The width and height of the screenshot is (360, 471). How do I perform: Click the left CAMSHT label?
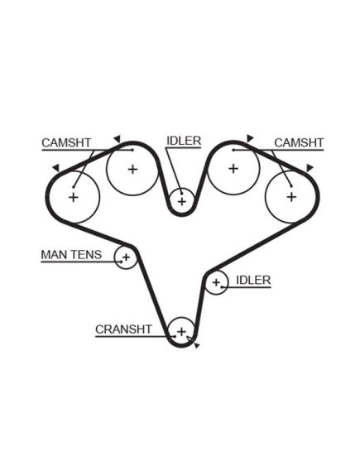[x=66, y=142]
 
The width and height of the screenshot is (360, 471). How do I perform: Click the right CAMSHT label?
[x=299, y=142]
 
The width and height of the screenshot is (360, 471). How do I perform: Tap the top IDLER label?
[x=184, y=141]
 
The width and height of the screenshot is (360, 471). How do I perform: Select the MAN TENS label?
[x=71, y=255]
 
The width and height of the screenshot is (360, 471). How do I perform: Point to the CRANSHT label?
[x=123, y=329]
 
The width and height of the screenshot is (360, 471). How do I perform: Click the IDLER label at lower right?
[x=253, y=280]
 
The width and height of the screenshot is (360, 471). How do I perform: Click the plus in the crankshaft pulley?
[x=181, y=332]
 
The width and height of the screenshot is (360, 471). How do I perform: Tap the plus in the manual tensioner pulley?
[x=126, y=257]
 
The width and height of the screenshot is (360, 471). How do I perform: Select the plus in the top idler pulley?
[x=181, y=201]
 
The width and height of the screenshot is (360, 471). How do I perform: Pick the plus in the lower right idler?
[x=216, y=282]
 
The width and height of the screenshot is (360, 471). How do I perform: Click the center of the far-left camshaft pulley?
[x=74, y=197]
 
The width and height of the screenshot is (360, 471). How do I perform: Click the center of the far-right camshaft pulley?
[x=291, y=197]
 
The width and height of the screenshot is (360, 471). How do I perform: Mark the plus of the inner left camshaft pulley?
[x=132, y=170]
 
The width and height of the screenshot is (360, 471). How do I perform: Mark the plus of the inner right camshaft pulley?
[x=233, y=169]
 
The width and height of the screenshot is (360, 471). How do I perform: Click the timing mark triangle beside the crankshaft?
[x=197, y=346]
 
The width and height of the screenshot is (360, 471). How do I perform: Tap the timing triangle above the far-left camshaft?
[x=56, y=168]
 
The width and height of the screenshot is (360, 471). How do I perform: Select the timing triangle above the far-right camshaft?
[x=310, y=168]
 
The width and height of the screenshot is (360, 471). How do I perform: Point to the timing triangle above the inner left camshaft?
[x=118, y=139]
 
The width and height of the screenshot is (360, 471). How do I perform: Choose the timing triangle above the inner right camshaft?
[x=250, y=138]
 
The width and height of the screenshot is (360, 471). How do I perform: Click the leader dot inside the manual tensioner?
[x=122, y=262]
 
